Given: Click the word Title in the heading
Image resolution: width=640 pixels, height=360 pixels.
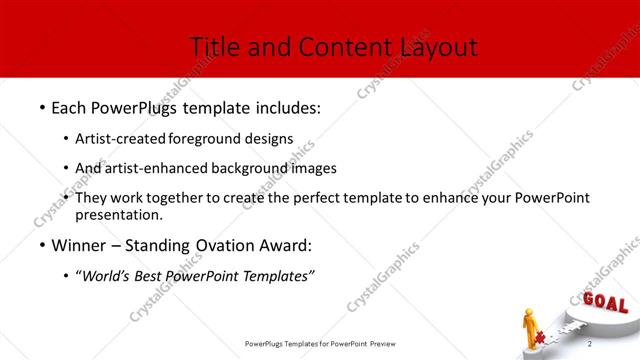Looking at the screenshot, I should coord(212,47).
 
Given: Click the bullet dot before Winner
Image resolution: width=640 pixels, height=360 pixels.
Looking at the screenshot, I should coord(42,246).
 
